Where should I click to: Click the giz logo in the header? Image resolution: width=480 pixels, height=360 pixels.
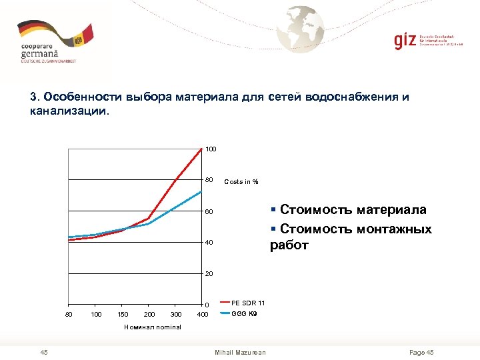coord(405,41)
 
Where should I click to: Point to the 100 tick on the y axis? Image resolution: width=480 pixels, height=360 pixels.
coord(211,149)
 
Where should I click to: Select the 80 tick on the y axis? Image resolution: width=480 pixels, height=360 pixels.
coord(209,181)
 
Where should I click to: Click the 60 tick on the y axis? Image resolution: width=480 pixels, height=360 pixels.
coord(209,212)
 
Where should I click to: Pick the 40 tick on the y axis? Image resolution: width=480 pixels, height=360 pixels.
coord(209,243)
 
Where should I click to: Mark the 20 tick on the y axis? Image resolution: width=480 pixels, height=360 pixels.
coord(209,274)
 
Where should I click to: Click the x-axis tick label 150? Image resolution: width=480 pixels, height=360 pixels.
coord(123,314)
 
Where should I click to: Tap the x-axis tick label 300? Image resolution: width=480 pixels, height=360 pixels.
coord(175,314)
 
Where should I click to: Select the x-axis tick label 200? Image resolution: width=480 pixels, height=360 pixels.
coord(149,314)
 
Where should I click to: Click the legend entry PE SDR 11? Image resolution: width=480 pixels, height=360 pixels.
coord(248,303)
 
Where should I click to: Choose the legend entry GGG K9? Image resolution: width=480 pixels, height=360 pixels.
coord(244,313)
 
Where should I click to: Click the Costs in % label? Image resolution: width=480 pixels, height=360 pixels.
coord(241,182)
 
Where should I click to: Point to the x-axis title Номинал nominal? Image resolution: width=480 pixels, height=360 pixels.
coord(153,327)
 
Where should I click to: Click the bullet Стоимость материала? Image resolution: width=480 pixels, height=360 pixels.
coord(353,210)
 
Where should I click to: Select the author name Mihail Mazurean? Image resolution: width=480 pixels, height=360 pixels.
coord(240,352)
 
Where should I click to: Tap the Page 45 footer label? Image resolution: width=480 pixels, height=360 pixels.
coord(421,352)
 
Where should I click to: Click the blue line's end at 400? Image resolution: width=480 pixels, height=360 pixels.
coord(201,191)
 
